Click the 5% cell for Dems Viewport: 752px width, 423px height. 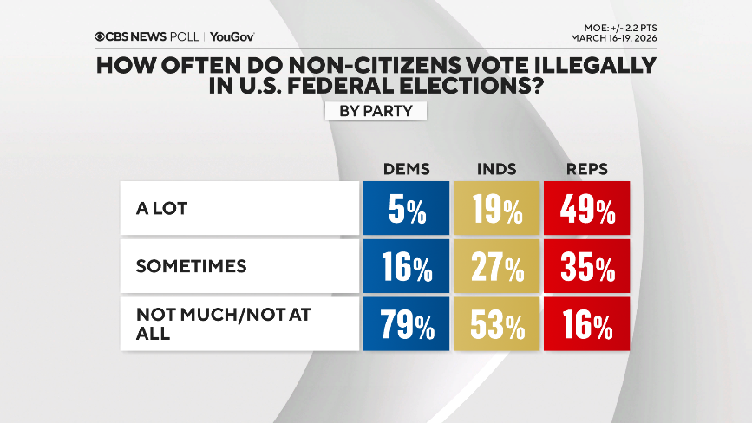(x=407, y=210)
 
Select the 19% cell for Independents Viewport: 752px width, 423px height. (x=496, y=210)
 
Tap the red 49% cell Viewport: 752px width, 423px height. (x=585, y=210)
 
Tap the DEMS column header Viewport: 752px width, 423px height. (x=407, y=169)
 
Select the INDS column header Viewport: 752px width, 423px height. (x=496, y=169)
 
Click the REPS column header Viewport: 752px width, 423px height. (x=585, y=169)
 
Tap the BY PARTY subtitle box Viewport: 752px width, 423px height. (x=376, y=112)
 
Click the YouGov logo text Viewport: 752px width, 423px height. (x=232, y=36)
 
